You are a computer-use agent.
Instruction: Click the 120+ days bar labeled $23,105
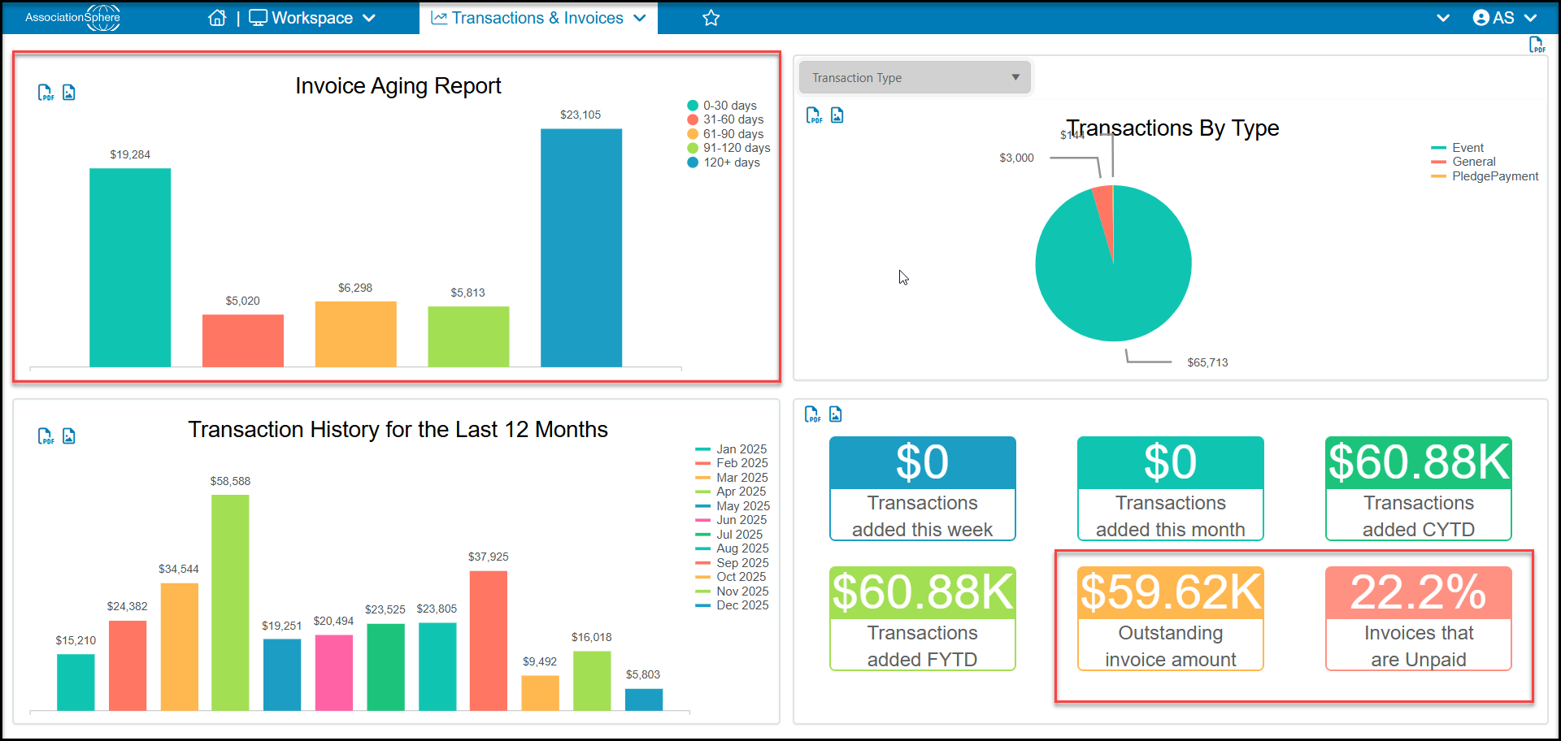(581, 248)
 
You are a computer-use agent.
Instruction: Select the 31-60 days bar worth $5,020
(243, 340)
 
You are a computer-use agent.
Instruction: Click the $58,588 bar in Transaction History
(230, 603)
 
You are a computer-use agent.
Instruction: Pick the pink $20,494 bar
(334, 673)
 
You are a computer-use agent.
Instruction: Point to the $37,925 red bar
(489, 641)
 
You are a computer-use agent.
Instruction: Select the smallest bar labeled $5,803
(644, 700)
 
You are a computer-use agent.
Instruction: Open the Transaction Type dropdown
(915, 77)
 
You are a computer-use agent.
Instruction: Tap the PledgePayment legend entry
(1485, 176)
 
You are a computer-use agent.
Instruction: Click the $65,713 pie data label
(1207, 362)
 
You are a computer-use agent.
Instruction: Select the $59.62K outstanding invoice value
(1171, 592)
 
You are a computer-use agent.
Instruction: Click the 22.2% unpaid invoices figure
(1419, 592)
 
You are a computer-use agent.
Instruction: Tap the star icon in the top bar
(711, 18)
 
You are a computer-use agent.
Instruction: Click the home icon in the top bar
(217, 18)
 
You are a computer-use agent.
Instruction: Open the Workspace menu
(312, 18)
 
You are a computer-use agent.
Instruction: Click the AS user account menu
(1505, 18)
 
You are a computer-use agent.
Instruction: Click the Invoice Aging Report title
(398, 86)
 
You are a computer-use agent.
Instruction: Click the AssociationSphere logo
(73, 17)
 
